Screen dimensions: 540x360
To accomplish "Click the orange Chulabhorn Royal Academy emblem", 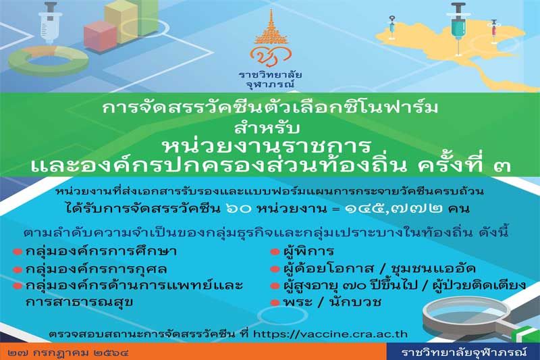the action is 271,38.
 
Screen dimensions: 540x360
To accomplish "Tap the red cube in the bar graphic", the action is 101,36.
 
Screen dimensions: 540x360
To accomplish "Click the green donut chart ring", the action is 48,61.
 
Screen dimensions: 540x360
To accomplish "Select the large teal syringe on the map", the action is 458,28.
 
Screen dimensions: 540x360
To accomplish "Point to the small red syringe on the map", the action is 494,31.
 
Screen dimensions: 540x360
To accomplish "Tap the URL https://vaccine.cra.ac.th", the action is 330,334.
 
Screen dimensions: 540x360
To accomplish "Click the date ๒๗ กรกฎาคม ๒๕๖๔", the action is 69,353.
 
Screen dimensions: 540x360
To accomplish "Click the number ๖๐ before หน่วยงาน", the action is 238,209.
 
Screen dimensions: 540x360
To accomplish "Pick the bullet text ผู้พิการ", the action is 308,251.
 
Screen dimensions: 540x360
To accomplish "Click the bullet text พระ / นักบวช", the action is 332,302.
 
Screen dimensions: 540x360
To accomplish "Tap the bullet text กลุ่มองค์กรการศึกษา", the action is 101,251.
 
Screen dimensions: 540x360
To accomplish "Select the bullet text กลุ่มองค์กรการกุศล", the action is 97,269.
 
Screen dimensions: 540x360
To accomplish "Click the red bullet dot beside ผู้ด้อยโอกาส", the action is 275,269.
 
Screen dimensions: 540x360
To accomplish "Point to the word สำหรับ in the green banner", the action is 267,128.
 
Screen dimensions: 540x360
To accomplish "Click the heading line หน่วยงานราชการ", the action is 267,146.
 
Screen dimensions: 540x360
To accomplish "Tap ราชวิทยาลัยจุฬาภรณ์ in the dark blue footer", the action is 464,352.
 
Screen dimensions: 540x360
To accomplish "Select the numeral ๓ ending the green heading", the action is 502,167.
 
